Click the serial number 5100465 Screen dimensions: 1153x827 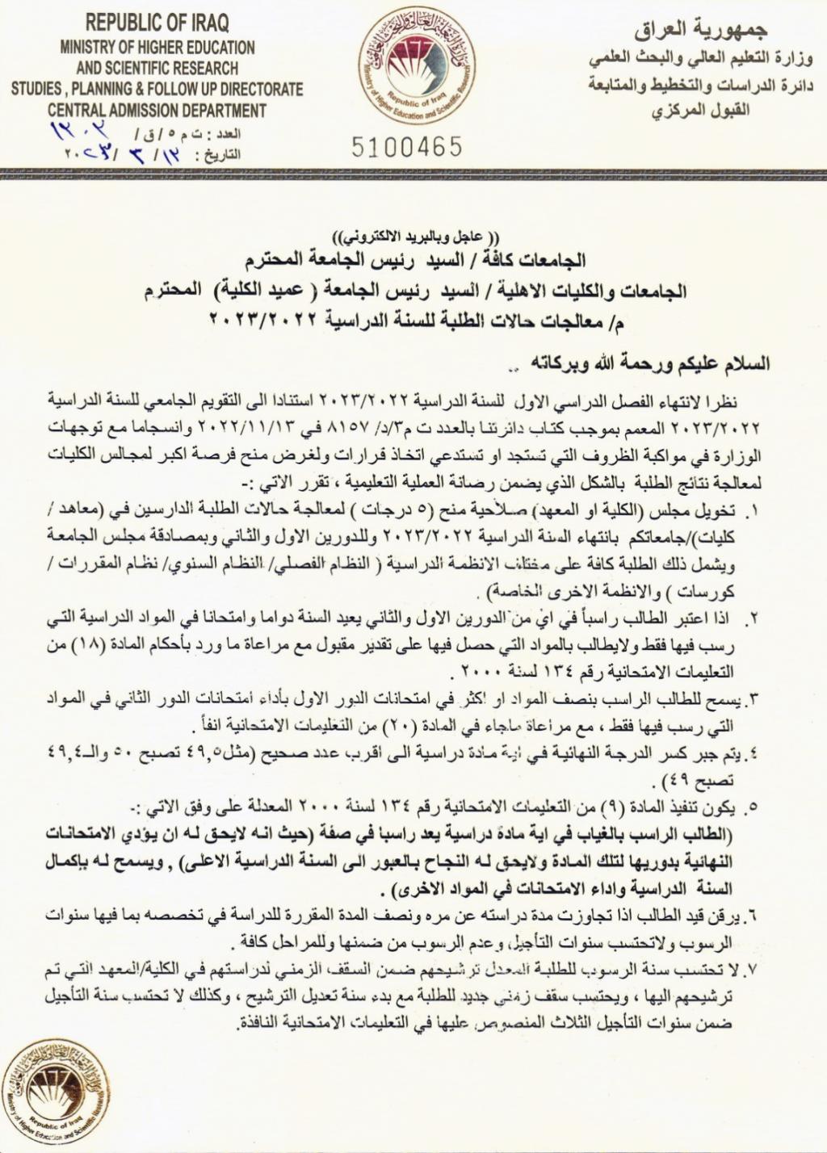point(407,147)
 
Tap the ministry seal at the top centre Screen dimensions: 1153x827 point(412,70)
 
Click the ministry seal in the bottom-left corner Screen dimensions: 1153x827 point(55,1097)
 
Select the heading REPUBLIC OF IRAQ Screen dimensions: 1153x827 point(157,23)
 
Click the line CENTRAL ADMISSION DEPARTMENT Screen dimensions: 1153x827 point(157,110)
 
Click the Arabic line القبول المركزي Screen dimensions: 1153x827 point(700,109)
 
